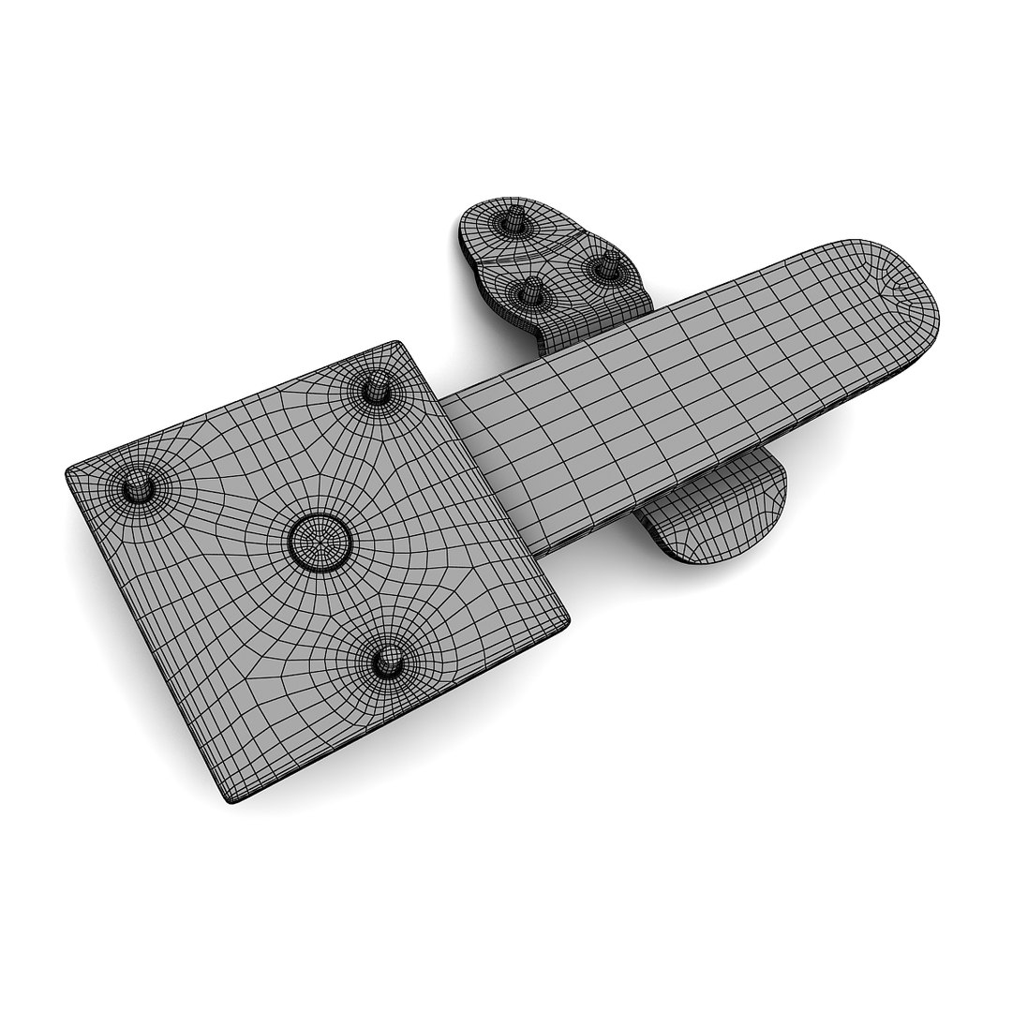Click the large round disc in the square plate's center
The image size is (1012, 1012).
click(320, 540)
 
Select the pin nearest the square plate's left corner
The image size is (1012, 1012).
click(138, 486)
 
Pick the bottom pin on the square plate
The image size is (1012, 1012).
click(384, 662)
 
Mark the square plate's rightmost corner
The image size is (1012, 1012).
click(568, 621)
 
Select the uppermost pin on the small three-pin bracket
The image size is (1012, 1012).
click(510, 223)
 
